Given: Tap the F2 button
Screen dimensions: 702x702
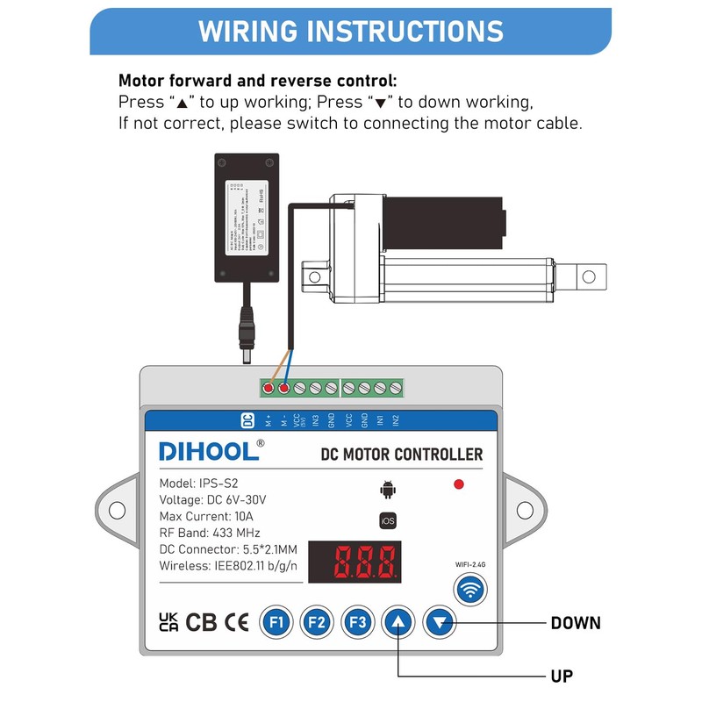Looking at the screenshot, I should pos(318,623).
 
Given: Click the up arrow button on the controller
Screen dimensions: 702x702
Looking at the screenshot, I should pos(399,623).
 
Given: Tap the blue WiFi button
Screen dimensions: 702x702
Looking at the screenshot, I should pos(472,588).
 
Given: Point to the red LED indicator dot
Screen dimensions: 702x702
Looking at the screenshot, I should pos(458,484).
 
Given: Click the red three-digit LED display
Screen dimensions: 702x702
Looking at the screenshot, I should pos(355,562).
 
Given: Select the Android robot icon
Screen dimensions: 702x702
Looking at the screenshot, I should pos(387,489).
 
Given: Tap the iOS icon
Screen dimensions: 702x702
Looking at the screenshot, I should pos(387,520).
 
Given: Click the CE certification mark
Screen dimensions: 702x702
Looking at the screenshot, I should pos(237,623).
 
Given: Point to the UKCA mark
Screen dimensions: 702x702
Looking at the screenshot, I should pos(168,622).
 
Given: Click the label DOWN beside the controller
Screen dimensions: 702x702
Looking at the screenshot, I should pos(576,623).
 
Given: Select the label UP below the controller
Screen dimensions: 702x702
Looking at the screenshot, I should pos(562,676).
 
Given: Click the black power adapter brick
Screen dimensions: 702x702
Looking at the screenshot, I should pos(247,218).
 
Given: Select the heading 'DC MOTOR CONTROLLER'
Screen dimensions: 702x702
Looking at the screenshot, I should pos(402,455).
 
